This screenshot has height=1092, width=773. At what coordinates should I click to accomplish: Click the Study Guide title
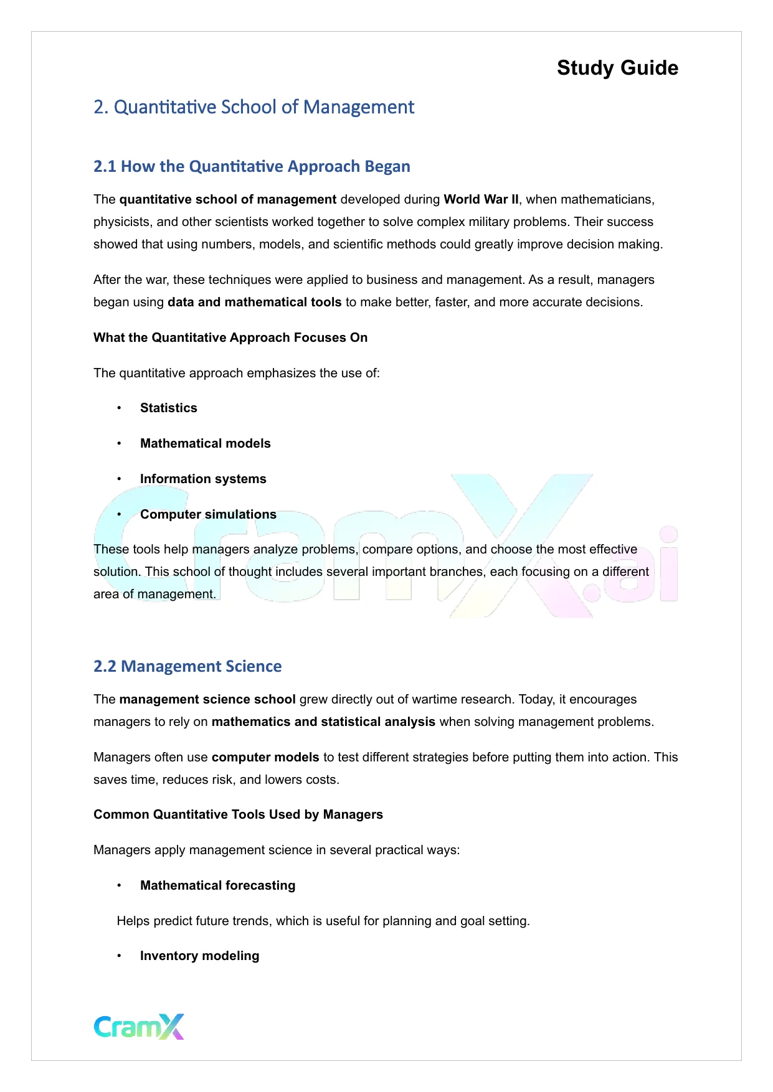tap(617, 68)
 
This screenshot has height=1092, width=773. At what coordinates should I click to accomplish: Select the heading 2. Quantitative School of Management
tap(254, 107)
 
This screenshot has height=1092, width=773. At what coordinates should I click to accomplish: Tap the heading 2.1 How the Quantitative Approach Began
tap(252, 166)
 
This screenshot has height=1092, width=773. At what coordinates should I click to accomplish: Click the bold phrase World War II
tap(481, 199)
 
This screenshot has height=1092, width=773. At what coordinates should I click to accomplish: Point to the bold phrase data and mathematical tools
tap(254, 302)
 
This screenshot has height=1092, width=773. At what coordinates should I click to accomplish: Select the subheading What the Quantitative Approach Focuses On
tap(230, 337)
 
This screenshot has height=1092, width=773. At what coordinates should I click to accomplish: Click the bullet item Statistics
tap(168, 408)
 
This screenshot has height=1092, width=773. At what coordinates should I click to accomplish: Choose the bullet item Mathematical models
tap(205, 443)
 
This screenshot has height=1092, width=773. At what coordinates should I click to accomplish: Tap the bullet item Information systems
tap(203, 479)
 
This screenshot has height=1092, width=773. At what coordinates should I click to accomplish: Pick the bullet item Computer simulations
tap(208, 514)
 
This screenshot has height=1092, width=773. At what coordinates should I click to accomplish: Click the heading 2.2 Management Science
tap(187, 666)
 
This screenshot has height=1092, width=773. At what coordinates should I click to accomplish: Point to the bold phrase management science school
tap(207, 699)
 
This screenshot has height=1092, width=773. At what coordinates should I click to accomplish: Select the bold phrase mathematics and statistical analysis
tap(323, 722)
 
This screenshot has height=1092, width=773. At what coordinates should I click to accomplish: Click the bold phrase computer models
tap(265, 757)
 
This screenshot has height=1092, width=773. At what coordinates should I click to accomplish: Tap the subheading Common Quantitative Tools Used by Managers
tap(238, 814)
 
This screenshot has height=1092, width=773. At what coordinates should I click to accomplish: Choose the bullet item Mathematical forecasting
tap(217, 885)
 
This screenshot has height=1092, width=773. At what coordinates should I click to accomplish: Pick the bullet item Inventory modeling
tap(199, 956)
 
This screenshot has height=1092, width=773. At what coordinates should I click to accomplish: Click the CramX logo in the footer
tap(139, 1027)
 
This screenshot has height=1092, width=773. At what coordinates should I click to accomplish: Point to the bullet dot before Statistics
tap(119, 408)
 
